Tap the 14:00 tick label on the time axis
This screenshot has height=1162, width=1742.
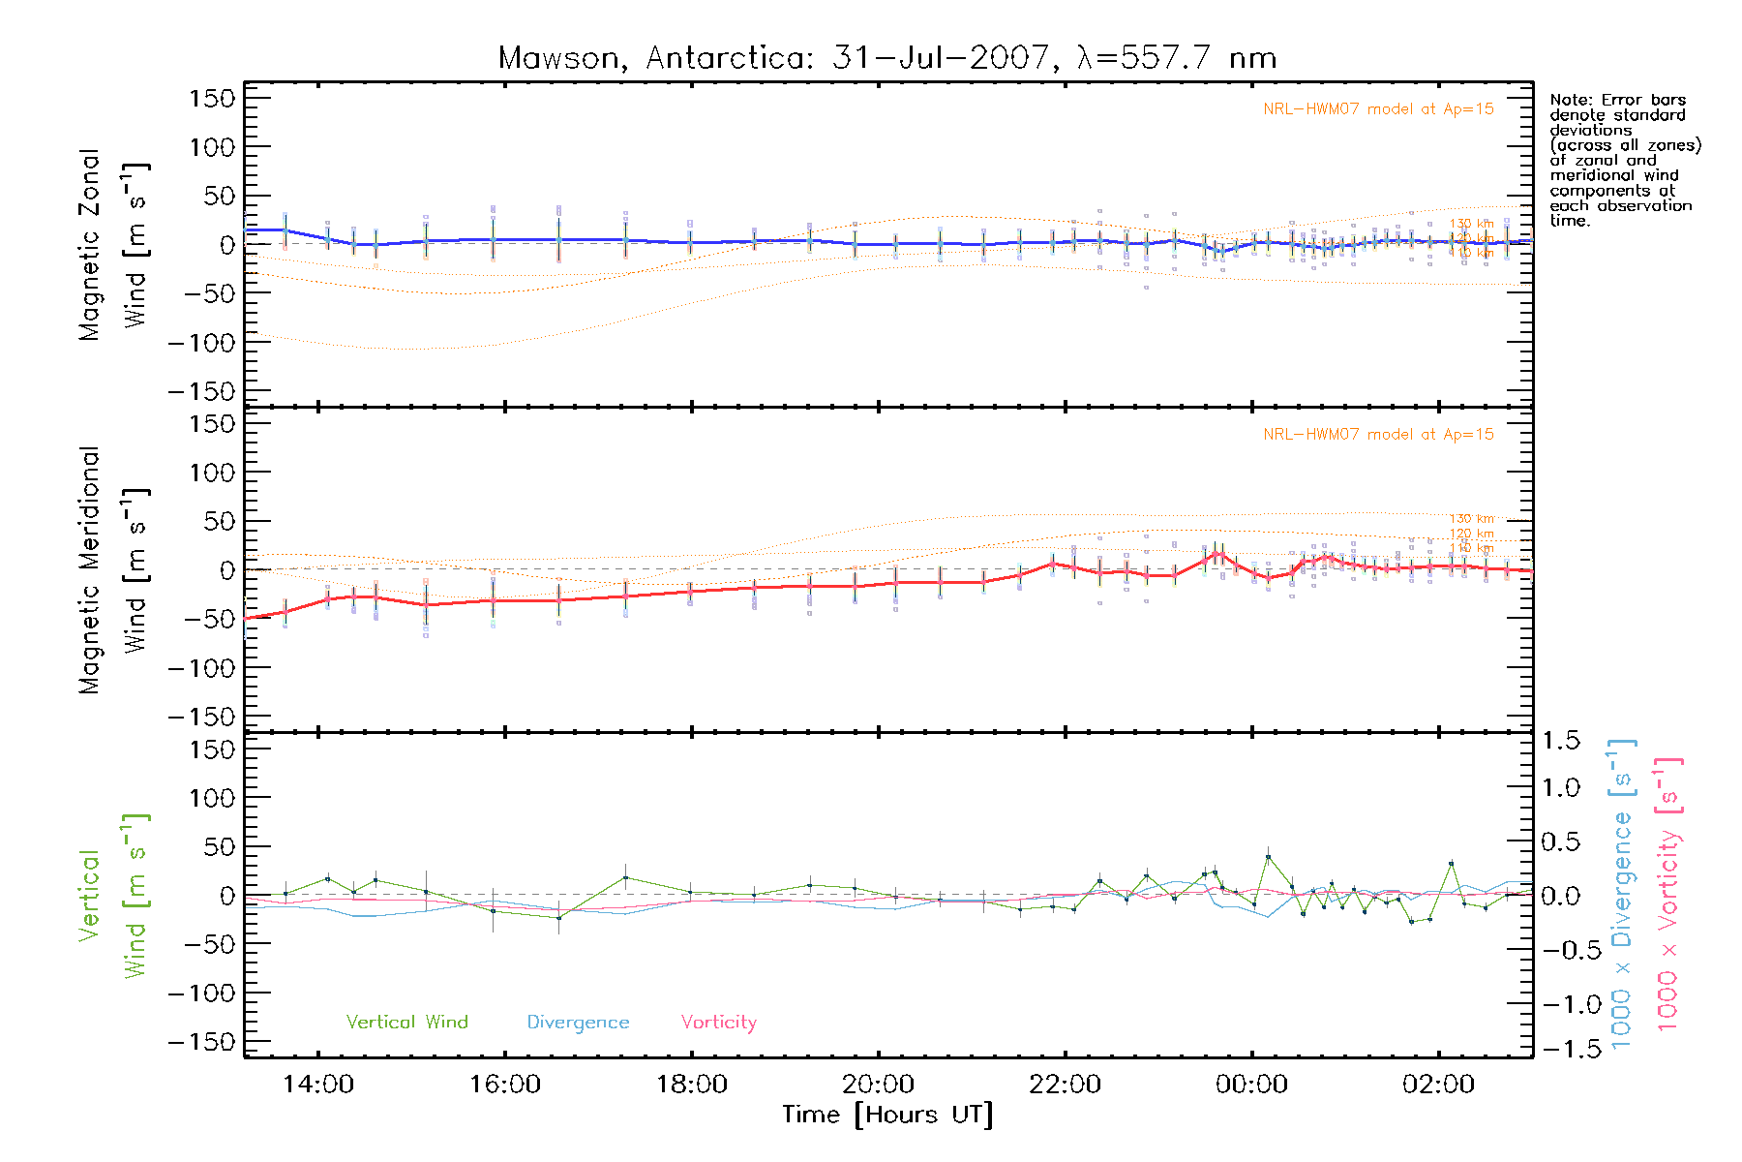[317, 1085]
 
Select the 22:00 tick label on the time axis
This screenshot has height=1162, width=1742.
[1065, 1085]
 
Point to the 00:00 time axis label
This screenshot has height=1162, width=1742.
[1251, 1085]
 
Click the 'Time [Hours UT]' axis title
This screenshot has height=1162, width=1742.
[887, 1115]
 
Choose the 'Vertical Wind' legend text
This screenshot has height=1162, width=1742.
[406, 1022]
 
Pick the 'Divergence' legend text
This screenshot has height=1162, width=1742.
[578, 1022]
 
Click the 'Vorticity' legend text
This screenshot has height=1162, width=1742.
[718, 1022]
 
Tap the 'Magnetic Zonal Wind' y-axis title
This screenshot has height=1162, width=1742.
[112, 244]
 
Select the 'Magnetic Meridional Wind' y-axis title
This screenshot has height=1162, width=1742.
[112, 570]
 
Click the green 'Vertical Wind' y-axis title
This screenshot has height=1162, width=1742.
[112, 896]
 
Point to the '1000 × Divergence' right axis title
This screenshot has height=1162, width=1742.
[1622, 894]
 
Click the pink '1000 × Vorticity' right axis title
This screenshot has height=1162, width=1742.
[1668, 894]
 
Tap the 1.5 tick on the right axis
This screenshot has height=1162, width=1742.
[1560, 741]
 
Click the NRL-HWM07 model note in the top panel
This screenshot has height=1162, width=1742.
[1378, 108]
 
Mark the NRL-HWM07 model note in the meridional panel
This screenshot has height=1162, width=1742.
[1378, 434]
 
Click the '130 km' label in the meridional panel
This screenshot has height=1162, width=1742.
[1471, 519]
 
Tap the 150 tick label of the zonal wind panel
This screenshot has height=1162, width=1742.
[212, 98]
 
